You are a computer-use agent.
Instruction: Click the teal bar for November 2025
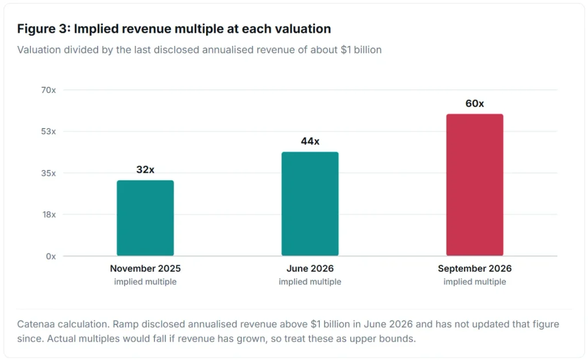(145, 218)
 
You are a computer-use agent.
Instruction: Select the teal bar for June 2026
(310, 204)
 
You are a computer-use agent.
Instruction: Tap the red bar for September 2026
(475, 185)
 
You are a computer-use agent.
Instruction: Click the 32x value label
(145, 169)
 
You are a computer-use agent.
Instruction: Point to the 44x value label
(310, 141)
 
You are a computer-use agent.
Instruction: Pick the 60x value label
(475, 103)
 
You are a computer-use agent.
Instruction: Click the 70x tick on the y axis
(48, 90)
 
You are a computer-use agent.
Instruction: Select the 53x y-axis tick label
(48, 131)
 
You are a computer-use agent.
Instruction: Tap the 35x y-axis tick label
(48, 173)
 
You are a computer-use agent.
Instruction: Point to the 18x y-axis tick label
(49, 215)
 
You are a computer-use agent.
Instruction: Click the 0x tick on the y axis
(51, 256)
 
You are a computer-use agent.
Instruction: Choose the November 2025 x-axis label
(145, 269)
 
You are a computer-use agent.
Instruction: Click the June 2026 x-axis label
(310, 269)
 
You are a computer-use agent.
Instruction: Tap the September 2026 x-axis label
(475, 269)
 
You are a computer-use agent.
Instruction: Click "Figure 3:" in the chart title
(44, 29)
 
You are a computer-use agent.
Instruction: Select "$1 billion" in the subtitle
(361, 50)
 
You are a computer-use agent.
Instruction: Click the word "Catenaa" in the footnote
(34, 324)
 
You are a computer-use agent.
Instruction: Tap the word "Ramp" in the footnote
(124, 324)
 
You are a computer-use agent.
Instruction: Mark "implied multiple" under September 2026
(475, 281)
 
